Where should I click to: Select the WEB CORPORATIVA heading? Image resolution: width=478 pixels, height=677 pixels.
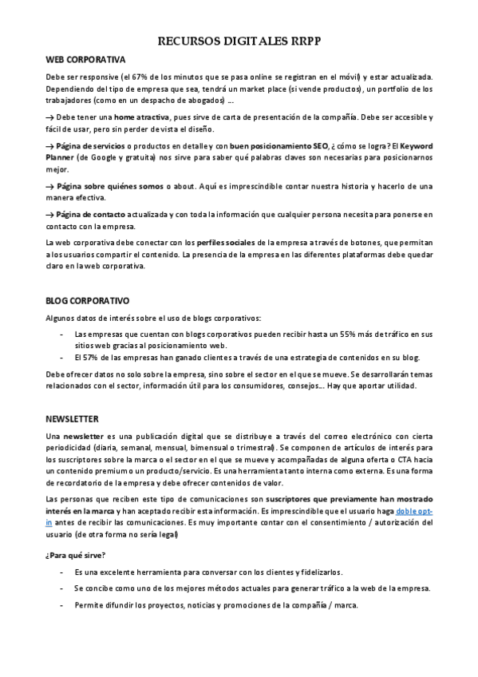85,60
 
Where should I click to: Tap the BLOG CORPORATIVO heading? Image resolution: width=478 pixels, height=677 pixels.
87,301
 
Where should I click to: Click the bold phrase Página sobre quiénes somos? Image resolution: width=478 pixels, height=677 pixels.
107,185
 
